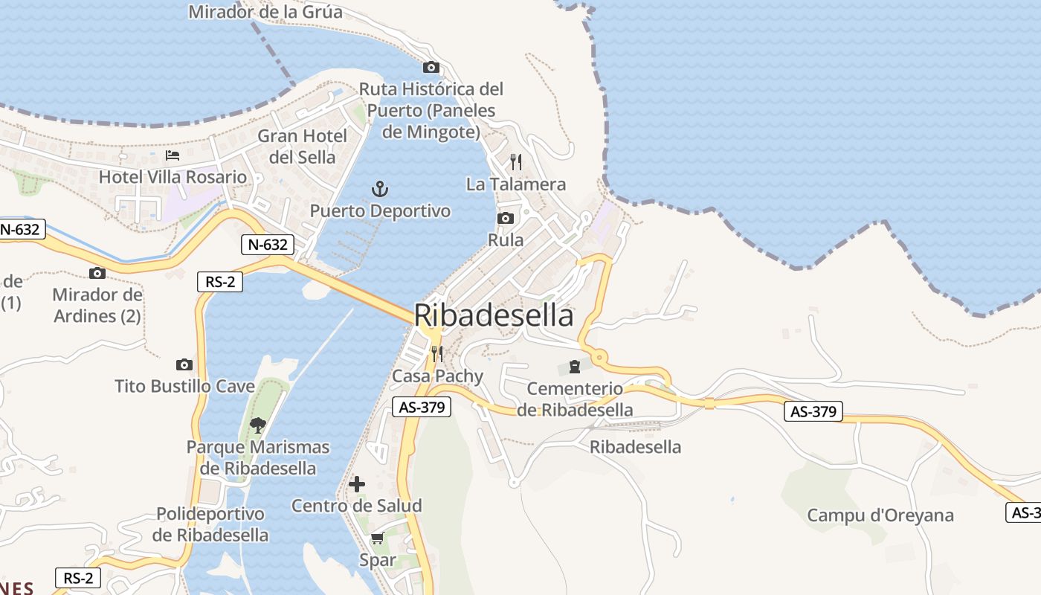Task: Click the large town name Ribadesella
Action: (x=494, y=315)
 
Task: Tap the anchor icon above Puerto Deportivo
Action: (x=380, y=189)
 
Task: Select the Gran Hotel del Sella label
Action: (x=303, y=147)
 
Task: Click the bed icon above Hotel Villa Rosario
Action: (x=173, y=155)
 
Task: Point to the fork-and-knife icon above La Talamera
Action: (x=516, y=162)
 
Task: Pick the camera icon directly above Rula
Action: (x=506, y=218)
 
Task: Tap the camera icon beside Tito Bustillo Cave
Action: (x=184, y=364)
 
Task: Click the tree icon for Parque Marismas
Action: (x=258, y=425)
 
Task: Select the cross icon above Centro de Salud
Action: (x=357, y=484)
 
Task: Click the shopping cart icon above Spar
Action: (x=377, y=538)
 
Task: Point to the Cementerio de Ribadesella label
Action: (x=575, y=399)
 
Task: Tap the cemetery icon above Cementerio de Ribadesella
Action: (x=575, y=367)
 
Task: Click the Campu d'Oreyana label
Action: (x=880, y=515)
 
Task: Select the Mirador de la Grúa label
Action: (x=265, y=12)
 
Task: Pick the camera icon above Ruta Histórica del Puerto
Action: (x=431, y=67)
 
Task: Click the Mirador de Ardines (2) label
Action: (x=97, y=305)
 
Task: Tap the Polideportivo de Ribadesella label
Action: (x=210, y=524)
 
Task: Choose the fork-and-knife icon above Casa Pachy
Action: (x=437, y=353)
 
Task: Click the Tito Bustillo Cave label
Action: (x=184, y=387)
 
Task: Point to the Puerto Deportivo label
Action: (x=380, y=211)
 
